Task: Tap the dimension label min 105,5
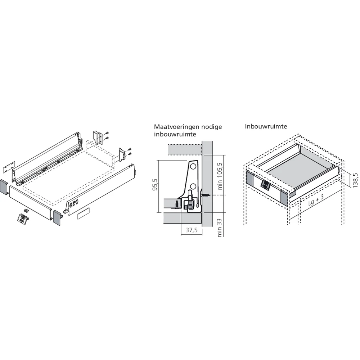coord(220,177)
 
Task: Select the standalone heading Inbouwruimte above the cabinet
coord(264,127)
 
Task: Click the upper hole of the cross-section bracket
coord(193,167)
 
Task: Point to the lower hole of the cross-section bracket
coord(193,186)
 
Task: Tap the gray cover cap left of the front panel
coord(4,187)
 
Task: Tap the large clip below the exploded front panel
coord(23,218)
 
